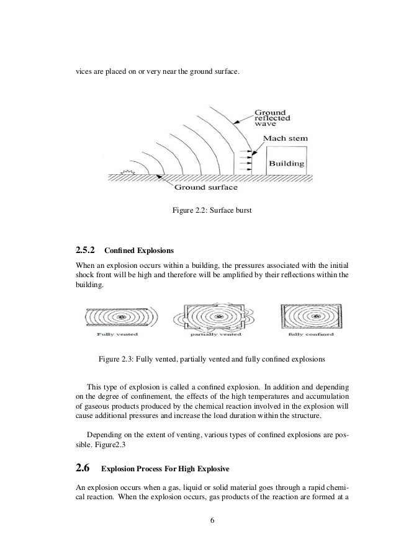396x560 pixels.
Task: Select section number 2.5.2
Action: coord(84,251)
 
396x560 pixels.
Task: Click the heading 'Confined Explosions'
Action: coord(140,252)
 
